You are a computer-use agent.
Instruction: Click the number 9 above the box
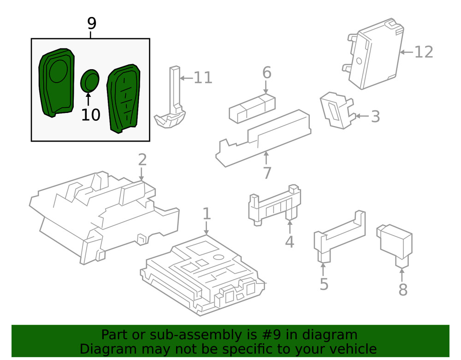pyautogui.click(x=91, y=23)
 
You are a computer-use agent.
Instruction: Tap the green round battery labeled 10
pyautogui.click(x=90, y=81)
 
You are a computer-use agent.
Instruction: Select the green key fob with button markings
pyautogui.click(x=123, y=98)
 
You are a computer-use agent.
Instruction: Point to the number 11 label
pyautogui.click(x=203, y=77)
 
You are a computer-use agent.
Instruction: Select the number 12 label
pyautogui.click(x=424, y=52)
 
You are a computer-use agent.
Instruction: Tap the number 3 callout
pyautogui.click(x=375, y=117)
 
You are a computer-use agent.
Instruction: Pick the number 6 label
pyautogui.click(x=267, y=73)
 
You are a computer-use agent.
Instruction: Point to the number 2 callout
pyautogui.click(x=142, y=160)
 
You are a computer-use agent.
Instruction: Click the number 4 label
pyautogui.click(x=290, y=241)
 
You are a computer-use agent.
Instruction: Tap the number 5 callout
pyautogui.click(x=324, y=284)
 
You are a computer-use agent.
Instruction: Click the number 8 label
pyautogui.click(x=403, y=289)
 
